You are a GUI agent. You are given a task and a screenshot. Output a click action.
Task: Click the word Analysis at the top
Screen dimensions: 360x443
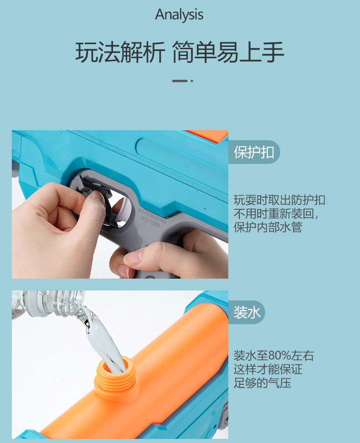179,15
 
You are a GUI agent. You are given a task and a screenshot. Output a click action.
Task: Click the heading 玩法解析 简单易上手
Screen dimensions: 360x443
180,52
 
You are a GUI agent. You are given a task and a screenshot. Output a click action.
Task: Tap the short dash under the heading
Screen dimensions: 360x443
180,81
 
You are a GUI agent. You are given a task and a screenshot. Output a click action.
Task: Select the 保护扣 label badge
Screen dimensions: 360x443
254,152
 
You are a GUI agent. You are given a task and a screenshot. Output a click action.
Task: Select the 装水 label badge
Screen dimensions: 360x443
247,312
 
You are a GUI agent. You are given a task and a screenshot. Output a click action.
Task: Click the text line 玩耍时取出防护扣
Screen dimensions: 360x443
279,200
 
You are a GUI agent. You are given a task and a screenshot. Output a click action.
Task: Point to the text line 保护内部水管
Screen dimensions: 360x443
268,227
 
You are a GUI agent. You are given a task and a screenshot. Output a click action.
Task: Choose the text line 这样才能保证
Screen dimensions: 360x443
268,369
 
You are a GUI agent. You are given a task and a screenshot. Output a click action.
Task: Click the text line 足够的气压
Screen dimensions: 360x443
262,383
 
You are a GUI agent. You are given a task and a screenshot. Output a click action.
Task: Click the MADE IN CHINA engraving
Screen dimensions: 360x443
152,215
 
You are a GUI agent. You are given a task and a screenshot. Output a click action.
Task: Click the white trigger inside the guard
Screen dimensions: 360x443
123,210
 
